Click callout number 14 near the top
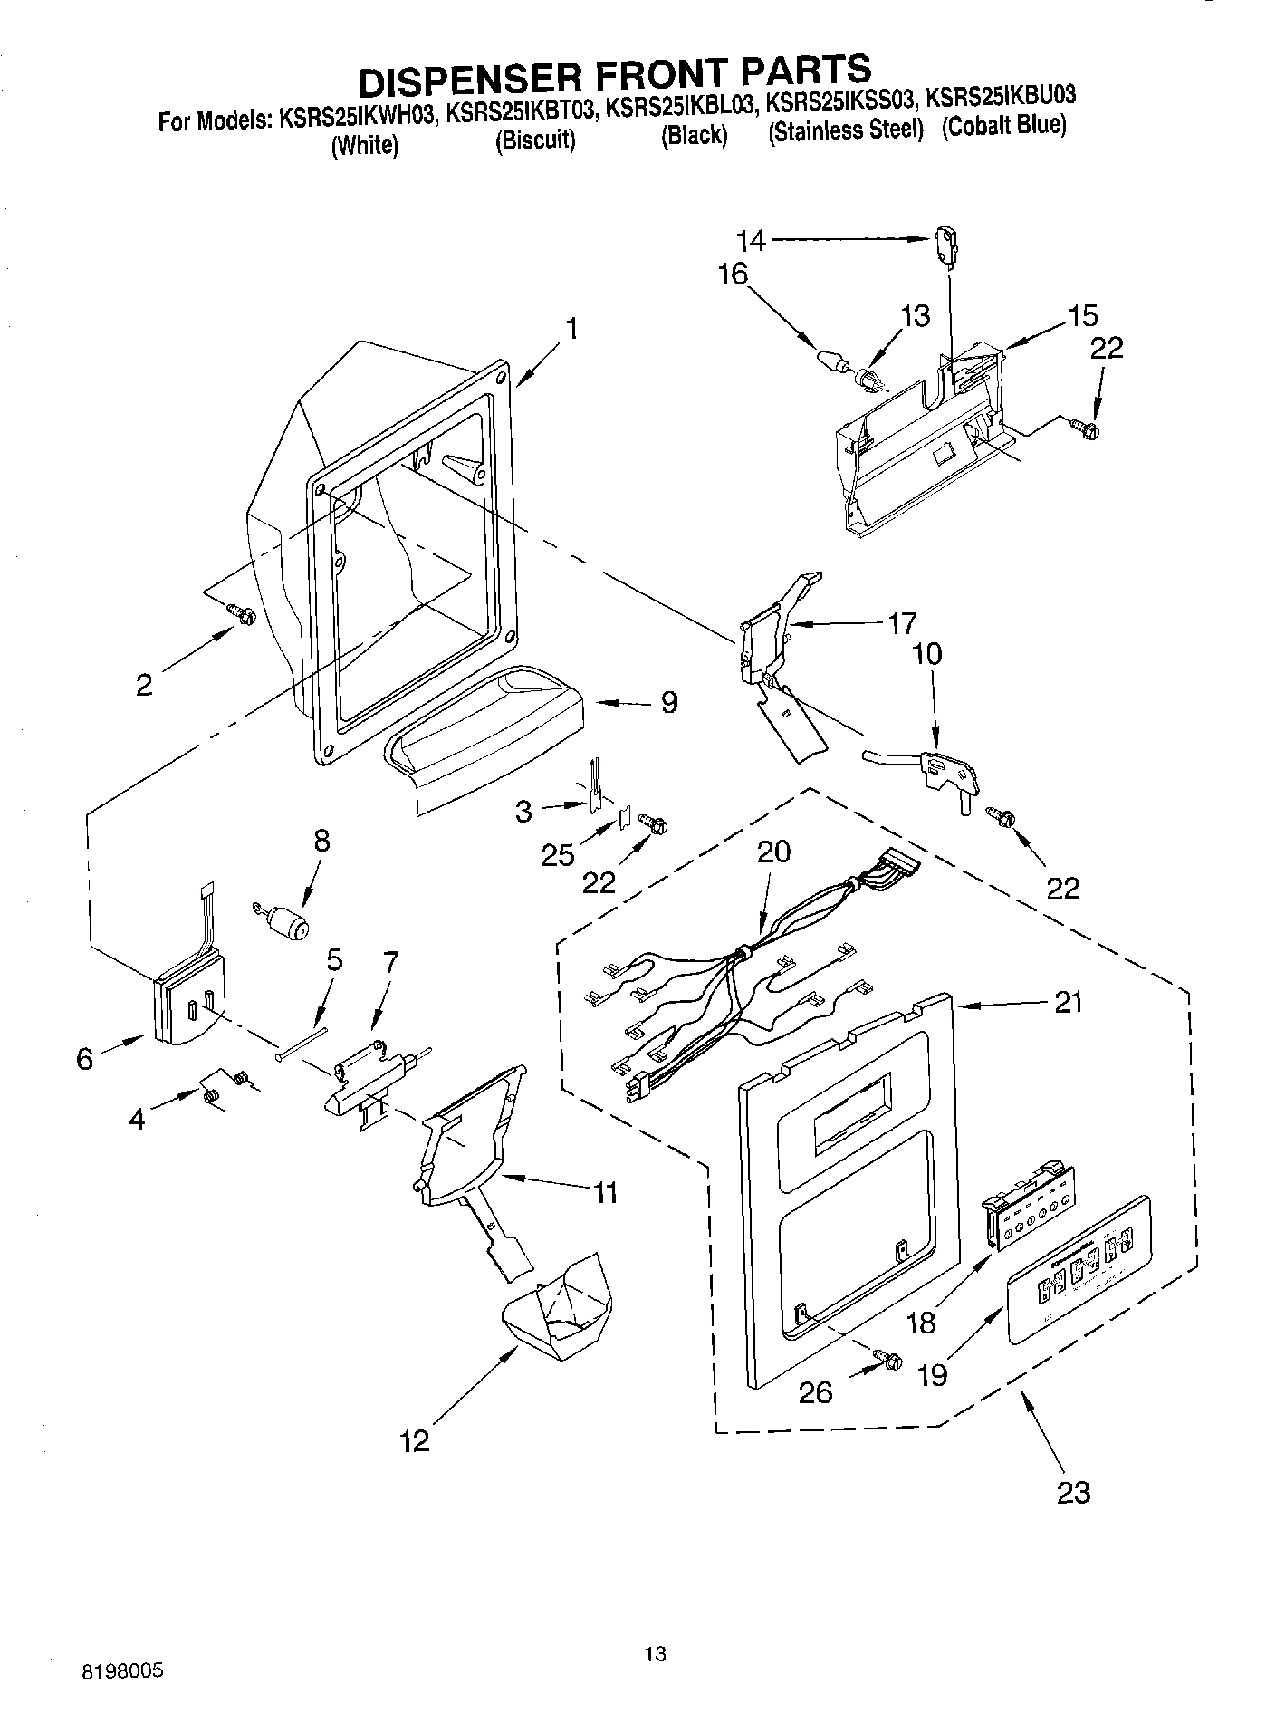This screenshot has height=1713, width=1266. click(751, 240)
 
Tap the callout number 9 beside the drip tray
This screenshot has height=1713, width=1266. click(668, 702)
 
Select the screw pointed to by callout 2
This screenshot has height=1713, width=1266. click(244, 614)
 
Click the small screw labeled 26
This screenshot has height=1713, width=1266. click(888, 1358)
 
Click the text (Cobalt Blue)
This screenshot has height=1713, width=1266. click(1003, 127)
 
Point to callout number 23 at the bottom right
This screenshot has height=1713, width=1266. click(1073, 1492)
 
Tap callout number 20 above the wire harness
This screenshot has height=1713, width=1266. click(773, 851)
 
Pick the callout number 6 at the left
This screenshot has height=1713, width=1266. click(84, 1058)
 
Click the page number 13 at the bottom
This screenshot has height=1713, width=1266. click(656, 1653)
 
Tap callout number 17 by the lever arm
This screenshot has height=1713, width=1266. click(901, 623)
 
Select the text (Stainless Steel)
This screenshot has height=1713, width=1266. click(845, 130)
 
